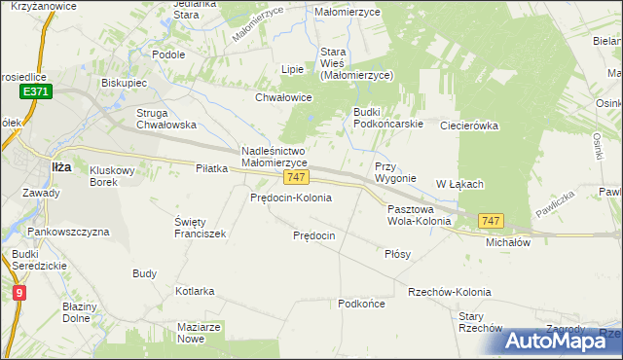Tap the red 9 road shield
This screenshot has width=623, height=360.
[x=20, y=291]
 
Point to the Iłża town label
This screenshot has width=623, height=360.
[x=61, y=166]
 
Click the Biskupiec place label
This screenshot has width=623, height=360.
[x=124, y=83]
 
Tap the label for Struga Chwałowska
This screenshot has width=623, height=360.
[x=166, y=118]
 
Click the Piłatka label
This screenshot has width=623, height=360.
[x=211, y=168]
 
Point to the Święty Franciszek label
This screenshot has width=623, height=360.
[x=200, y=227]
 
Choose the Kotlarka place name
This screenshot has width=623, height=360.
[x=195, y=291]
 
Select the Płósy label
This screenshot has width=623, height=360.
[x=397, y=254]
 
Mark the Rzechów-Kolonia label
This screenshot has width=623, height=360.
[x=449, y=292]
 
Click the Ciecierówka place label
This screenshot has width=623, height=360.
[x=469, y=126]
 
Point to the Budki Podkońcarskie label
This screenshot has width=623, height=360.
[x=386, y=118]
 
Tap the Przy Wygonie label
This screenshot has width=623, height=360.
[x=395, y=172]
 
